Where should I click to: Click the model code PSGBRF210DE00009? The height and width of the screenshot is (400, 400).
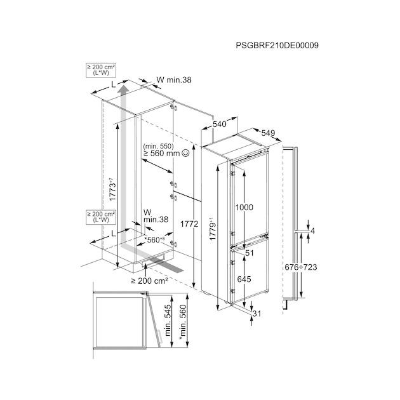(x=277, y=46)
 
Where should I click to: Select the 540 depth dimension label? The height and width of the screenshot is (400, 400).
(x=220, y=124)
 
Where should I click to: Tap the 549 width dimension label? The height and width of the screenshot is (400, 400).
(x=268, y=133)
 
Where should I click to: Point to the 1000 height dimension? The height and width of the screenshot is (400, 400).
(x=244, y=208)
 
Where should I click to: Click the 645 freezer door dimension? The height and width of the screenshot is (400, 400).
(x=244, y=279)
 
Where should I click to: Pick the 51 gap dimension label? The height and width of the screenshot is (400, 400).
(x=250, y=253)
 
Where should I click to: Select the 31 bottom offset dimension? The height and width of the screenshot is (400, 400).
(x=257, y=314)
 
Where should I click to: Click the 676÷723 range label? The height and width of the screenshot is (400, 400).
(x=301, y=267)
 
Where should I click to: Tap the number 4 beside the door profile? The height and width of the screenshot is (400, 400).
(x=313, y=231)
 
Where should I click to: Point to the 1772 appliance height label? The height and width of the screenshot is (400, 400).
(x=189, y=223)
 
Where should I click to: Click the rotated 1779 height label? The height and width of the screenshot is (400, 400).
(x=213, y=229)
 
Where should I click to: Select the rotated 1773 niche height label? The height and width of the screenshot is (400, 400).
(x=112, y=189)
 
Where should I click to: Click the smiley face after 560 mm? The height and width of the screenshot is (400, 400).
(x=185, y=153)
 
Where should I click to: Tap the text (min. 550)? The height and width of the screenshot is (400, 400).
(x=159, y=146)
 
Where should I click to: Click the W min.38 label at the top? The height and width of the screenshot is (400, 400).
(x=174, y=80)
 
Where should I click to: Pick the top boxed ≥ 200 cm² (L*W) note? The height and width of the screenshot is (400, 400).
(x=101, y=70)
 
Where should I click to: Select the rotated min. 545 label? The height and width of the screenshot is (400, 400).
(x=168, y=320)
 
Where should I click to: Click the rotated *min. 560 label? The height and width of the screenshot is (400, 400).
(x=183, y=323)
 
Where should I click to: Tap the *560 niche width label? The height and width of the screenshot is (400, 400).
(x=155, y=240)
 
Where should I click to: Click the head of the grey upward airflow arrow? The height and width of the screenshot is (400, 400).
(x=124, y=90)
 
